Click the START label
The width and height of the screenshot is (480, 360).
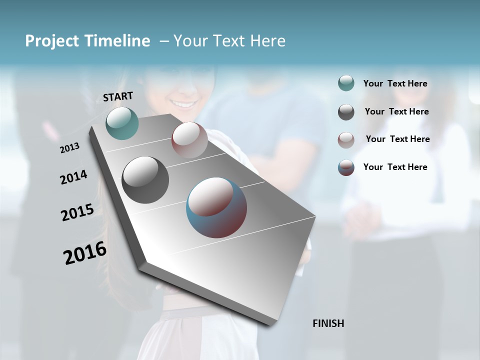(118, 96)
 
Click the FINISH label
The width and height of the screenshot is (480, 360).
(328, 323)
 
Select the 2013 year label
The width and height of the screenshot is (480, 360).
(70, 147)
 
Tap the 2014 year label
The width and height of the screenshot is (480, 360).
(73, 177)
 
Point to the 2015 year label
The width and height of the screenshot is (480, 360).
(77, 212)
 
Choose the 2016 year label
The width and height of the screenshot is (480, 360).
(85, 252)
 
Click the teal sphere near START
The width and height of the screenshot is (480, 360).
(122, 123)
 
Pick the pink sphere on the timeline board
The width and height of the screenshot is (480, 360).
(189, 139)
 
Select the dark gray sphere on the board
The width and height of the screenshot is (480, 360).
(145, 179)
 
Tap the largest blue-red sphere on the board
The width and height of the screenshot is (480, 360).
(216, 207)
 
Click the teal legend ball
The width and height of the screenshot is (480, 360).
(346, 83)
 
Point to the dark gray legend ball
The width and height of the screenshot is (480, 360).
(346, 112)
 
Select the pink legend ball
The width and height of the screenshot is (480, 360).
(346, 140)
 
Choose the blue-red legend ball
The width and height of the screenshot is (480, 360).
(346, 167)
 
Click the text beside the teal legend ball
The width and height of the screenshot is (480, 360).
(395, 83)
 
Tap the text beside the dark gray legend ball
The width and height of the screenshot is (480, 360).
(396, 111)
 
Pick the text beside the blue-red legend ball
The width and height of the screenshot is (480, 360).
(395, 167)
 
